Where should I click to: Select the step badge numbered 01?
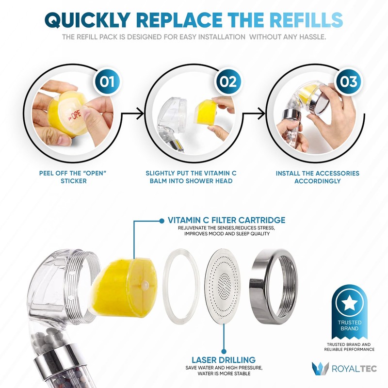click(x=107, y=81)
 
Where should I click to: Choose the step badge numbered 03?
click(x=349, y=81)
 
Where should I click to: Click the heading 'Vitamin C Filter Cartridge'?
click(x=226, y=220)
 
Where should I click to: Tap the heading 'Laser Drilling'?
click(x=224, y=360)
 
